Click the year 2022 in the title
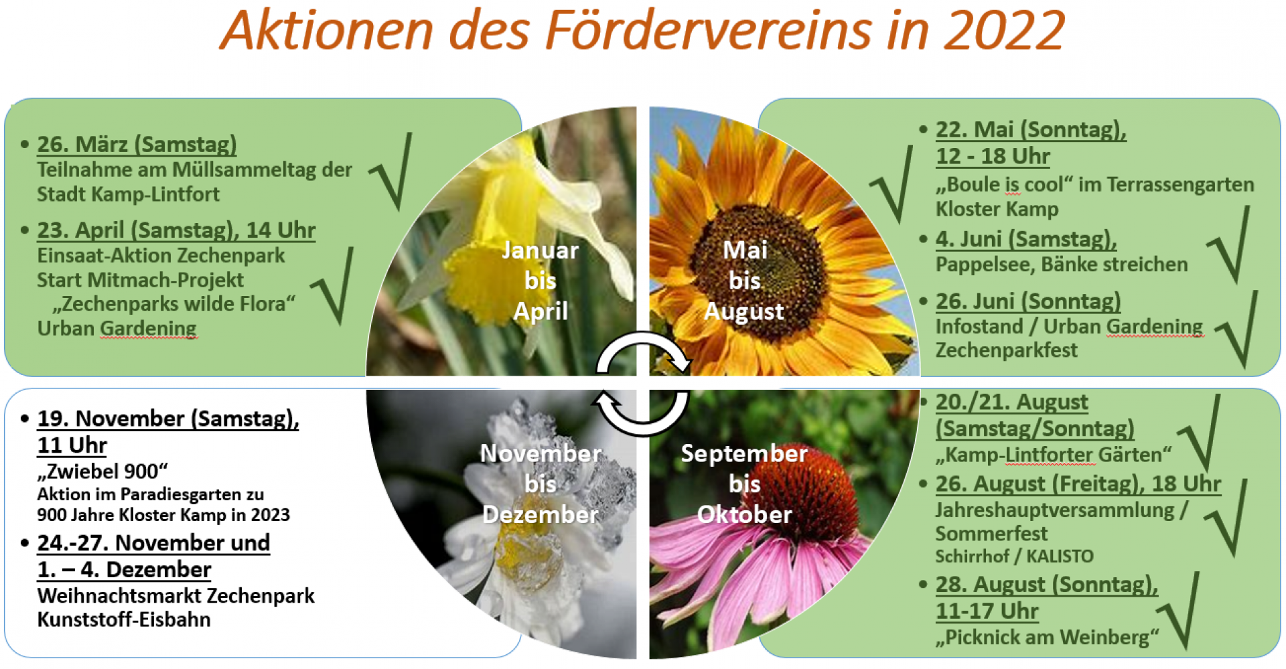(1003, 31)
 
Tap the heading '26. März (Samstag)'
(137, 145)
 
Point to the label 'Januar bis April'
(541, 281)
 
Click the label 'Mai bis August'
(744, 281)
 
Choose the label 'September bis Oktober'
(744, 484)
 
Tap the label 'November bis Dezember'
(541, 484)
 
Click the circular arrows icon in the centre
(642, 383)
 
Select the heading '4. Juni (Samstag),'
(1025, 239)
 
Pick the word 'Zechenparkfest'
(1006, 350)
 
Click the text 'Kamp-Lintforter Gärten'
(1054, 455)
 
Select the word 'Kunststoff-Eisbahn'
(124, 619)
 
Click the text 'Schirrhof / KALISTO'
(1014, 556)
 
